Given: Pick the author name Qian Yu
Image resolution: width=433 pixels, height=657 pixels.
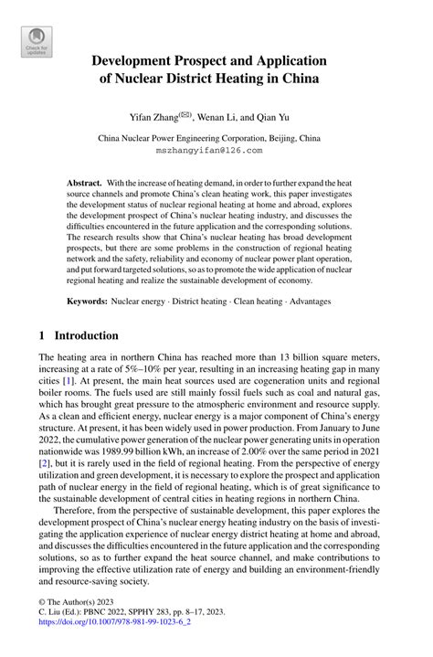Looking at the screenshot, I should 283,118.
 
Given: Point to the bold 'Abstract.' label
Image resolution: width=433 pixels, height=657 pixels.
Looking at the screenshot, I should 83,183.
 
